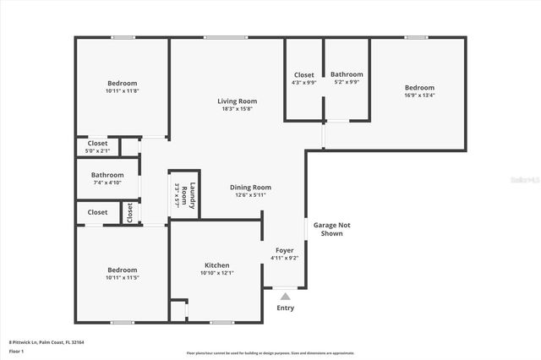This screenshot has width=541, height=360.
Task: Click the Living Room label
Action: (238, 101)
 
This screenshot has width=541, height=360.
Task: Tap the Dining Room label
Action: (250, 188)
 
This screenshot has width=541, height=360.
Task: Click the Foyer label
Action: (284, 251)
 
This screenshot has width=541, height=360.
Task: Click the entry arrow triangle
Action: (286, 297)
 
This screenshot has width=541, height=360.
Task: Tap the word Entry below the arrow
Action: (286, 308)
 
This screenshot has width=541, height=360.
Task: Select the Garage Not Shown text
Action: (332, 229)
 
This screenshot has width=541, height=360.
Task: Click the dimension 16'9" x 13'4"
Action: (419, 95)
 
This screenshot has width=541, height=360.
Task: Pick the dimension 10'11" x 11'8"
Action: (122, 90)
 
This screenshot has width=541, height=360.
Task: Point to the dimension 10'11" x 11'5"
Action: (122, 277)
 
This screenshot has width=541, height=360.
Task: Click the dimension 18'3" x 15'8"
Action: (238, 109)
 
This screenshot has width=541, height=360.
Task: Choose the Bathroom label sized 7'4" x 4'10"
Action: (107, 175)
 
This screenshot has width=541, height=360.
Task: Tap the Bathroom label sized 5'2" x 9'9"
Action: (347, 74)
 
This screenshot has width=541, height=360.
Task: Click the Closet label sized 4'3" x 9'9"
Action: (303, 74)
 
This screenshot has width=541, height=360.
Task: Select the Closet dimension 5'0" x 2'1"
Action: (97, 151)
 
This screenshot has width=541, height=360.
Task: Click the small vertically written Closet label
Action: (130, 212)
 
